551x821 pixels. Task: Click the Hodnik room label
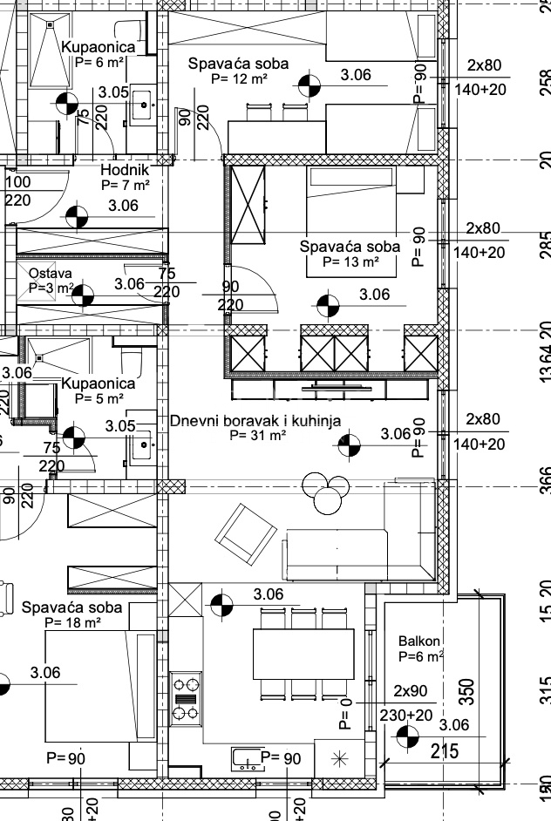(x=126, y=170)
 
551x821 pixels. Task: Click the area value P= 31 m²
(x=257, y=435)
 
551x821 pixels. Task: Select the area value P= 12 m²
(x=239, y=78)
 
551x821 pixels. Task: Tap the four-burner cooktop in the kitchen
(x=185, y=695)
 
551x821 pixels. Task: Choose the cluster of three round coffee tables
(x=323, y=493)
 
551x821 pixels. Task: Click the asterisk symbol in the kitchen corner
(x=338, y=759)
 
